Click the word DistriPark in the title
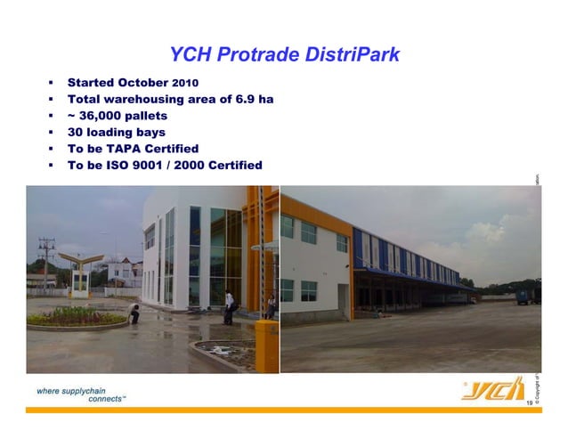pyautogui.click(x=348, y=57)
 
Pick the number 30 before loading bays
pyautogui.click(x=77, y=133)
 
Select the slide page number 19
pyautogui.click(x=530, y=405)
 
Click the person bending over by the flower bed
pyautogui.click(x=134, y=313)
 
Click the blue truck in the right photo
pyautogui.click(x=528, y=294)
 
